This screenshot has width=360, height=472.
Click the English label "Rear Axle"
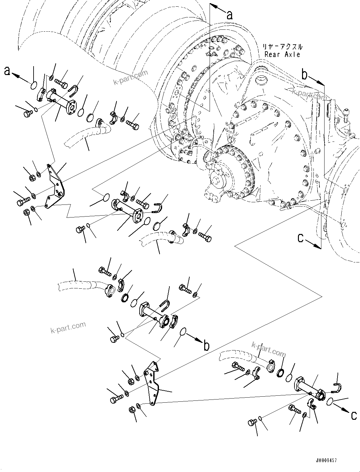(282, 54)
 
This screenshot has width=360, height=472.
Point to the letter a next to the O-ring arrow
(7, 71)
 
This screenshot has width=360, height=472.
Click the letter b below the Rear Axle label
(304, 75)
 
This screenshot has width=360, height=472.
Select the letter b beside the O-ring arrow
(206, 346)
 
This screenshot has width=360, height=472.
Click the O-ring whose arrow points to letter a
(34, 85)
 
